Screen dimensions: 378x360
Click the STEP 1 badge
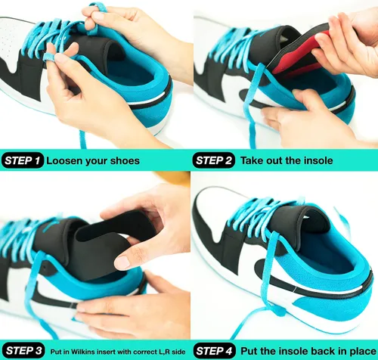[23, 160]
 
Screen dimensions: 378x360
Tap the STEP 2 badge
[214, 160]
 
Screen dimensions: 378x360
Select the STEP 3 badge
[23, 351]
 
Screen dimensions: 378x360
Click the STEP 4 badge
[215, 351]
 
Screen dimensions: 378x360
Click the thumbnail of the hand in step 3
[122, 262]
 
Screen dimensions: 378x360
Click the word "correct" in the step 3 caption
[142, 352]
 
